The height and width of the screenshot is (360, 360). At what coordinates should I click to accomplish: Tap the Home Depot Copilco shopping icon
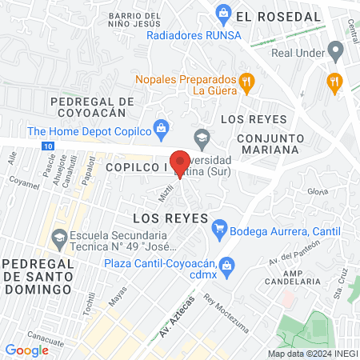click(162, 127)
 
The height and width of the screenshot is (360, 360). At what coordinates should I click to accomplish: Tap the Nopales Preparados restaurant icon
click(248, 80)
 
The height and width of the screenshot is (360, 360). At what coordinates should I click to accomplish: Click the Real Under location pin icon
click(336, 54)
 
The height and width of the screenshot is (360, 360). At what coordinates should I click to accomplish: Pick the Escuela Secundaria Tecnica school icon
click(58, 238)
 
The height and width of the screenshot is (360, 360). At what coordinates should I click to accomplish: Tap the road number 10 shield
click(50, 146)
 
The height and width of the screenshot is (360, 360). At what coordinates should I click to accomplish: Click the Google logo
click(26, 350)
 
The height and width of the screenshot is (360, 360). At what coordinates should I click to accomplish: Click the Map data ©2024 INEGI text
click(312, 354)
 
